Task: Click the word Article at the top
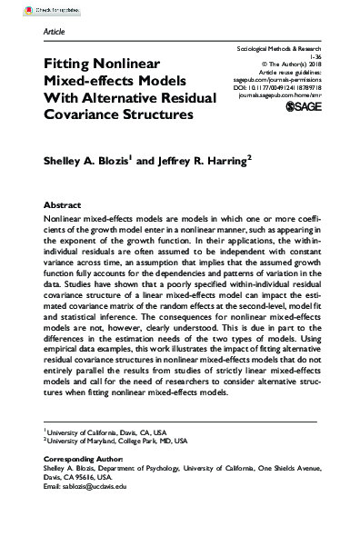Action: [55, 31]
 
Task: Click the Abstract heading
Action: [65, 206]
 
